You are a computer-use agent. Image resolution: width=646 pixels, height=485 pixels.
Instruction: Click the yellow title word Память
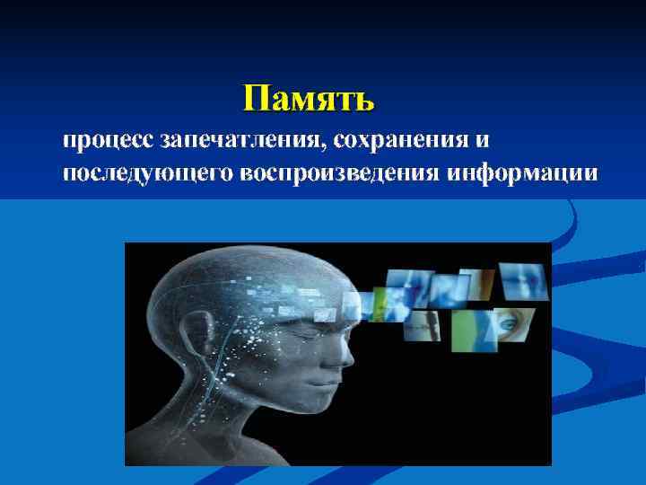tap(309, 97)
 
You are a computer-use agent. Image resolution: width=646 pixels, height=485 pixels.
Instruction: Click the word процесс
tap(107, 141)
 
